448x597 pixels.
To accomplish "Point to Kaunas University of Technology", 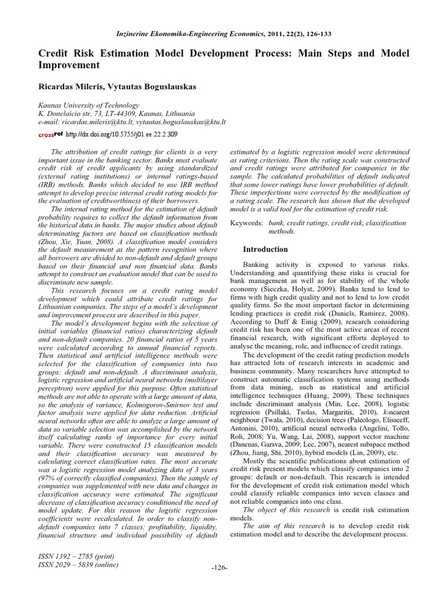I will pyautogui.click(x=89, y=106).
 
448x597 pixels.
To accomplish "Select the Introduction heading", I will pyautogui.click(x=265, y=249).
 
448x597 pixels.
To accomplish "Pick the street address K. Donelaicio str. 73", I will pyautogui.click(x=75, y=114).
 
